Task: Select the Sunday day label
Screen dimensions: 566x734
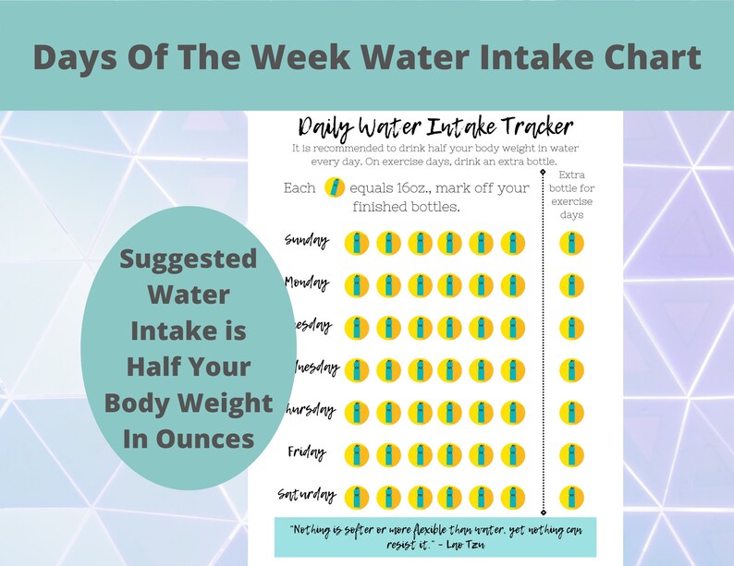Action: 308,241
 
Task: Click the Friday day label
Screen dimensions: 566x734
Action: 307,452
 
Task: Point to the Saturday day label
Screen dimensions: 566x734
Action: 307,495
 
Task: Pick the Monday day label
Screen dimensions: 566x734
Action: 307,283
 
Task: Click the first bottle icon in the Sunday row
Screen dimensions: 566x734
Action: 357,243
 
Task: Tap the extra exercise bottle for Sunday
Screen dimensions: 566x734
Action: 571,243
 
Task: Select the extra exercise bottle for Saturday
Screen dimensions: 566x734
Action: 571,497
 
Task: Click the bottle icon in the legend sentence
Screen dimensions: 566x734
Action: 335,188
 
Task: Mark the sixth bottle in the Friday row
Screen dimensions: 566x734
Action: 512,454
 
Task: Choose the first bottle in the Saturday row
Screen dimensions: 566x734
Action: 357,497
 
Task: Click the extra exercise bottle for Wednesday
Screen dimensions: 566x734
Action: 571,369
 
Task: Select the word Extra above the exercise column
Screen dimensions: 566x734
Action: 572,175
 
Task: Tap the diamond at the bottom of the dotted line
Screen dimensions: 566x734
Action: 543,511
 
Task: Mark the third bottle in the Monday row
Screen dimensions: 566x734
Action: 419,285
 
